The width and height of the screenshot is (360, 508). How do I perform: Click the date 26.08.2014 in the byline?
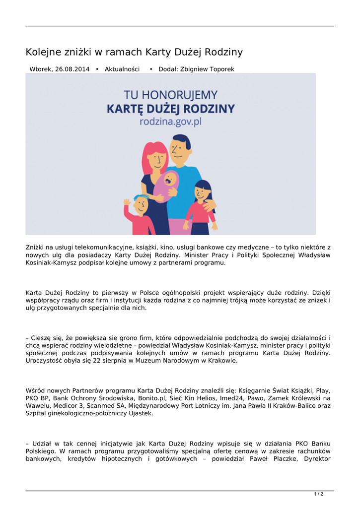coord(72,69)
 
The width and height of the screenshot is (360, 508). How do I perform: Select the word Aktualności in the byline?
coord(122,69)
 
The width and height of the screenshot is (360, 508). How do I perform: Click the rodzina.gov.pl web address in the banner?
coord(170,122)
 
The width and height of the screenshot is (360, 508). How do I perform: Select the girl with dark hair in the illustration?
coord(201,203)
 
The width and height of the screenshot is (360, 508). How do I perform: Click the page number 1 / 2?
coord(319,494)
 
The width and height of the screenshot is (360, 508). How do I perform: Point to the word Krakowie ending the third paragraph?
coord(220,361)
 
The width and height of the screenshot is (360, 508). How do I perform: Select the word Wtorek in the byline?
coord(41,69)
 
